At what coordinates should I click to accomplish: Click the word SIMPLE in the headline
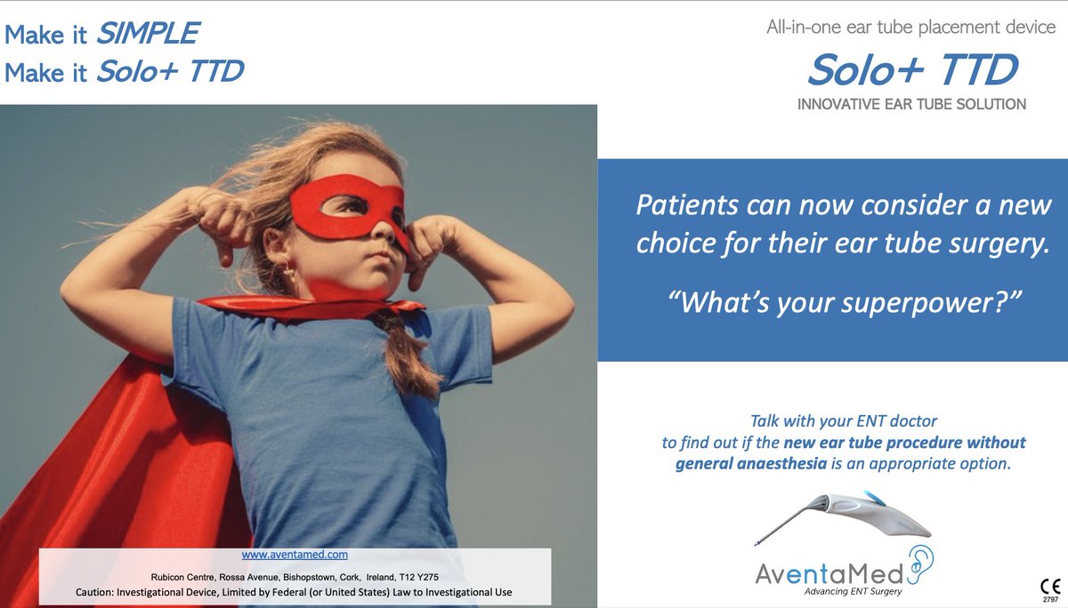[147, 34]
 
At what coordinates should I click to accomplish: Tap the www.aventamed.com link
[294, 554]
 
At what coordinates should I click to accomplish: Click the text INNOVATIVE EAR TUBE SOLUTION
[911, 105]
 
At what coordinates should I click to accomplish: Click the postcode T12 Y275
[417, 576]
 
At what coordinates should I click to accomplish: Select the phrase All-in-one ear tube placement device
[910, 28]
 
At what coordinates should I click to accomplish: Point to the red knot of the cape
[392, 307]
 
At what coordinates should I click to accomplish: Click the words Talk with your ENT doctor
[844, 420]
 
